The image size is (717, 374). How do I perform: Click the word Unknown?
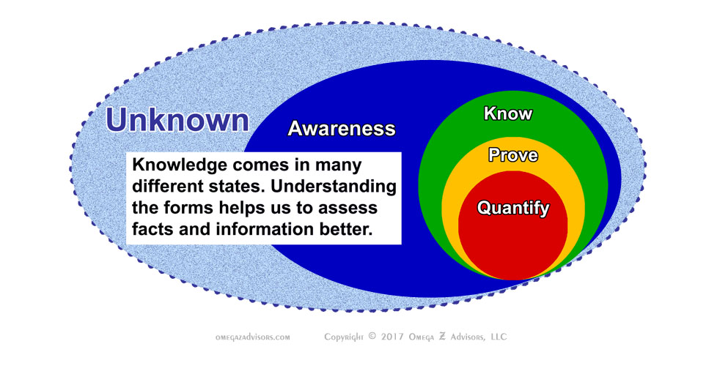tap(177, 120)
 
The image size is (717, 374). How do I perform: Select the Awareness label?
tap(341, 129)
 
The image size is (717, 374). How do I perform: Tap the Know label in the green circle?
tap(508, 113)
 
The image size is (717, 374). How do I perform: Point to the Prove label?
tap(512, 155)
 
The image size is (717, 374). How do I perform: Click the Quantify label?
tap(513, 208)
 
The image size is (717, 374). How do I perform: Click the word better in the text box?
tap(348, 229)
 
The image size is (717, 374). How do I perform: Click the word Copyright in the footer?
tap(345, 337)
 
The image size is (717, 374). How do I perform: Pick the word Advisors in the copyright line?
tap(460, 337)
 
